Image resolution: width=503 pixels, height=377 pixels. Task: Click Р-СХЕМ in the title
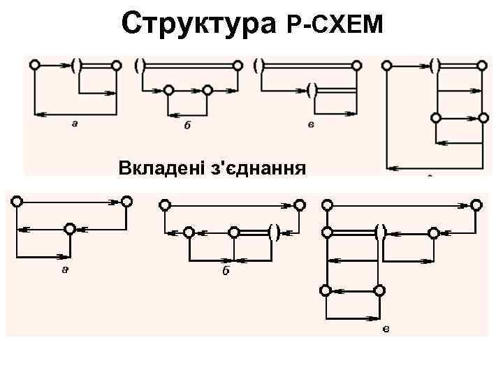[x=335, y=26]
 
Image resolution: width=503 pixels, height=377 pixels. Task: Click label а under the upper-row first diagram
[x=74, y=123]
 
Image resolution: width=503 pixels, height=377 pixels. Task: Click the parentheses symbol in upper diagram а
[x=76, y=66]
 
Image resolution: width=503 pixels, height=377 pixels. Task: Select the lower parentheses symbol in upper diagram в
[x=312, y=90]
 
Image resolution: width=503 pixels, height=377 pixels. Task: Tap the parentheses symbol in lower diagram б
[x=274, y=232]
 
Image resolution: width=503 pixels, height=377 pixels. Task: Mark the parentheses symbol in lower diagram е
[x=381, y=232]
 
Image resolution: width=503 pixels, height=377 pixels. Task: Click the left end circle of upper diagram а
[x=34, y=66]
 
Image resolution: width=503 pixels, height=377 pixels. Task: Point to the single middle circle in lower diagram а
[x=69, y=228]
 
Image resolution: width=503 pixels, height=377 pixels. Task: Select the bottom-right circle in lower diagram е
[x=379, y=290]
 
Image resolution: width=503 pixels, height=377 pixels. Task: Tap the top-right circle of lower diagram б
[x=299, y=205]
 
